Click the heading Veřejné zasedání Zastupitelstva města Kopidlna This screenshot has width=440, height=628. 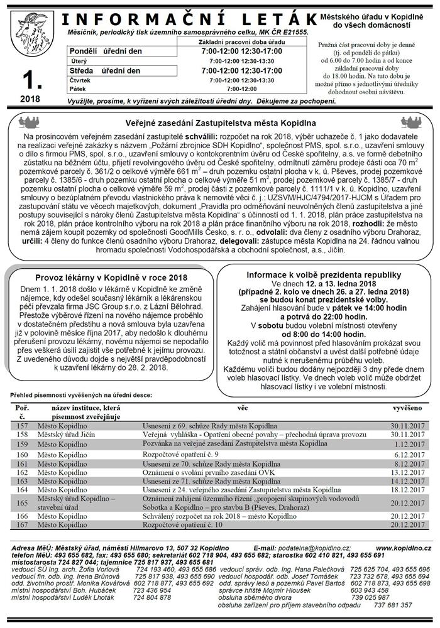click(x=220, y=122)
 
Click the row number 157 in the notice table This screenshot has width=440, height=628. click(x=23, y=425)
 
